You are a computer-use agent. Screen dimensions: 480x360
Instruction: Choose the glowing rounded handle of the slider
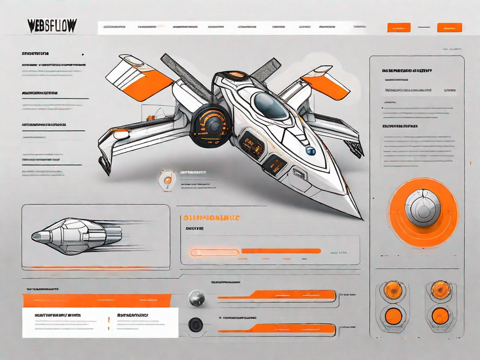tap(215, 252)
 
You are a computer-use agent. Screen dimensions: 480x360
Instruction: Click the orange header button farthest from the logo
tap(449, 28)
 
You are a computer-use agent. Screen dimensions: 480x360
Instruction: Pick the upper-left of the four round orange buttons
tap(392, 290)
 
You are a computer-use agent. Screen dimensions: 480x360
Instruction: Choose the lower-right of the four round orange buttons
tap(441, 315)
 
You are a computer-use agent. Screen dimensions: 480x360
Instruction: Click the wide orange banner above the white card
tap(97, 300)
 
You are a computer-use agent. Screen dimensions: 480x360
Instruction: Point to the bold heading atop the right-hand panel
tap(406, 71)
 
